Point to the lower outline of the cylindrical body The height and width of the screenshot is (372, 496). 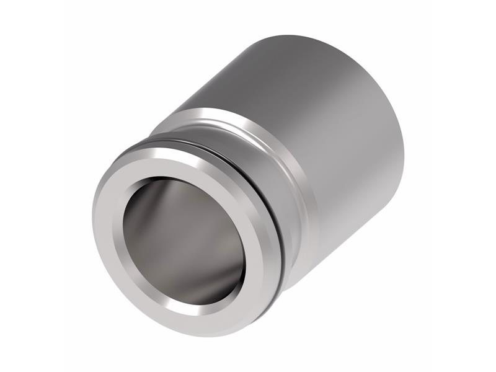pyautogui.click(x=353, y=236)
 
